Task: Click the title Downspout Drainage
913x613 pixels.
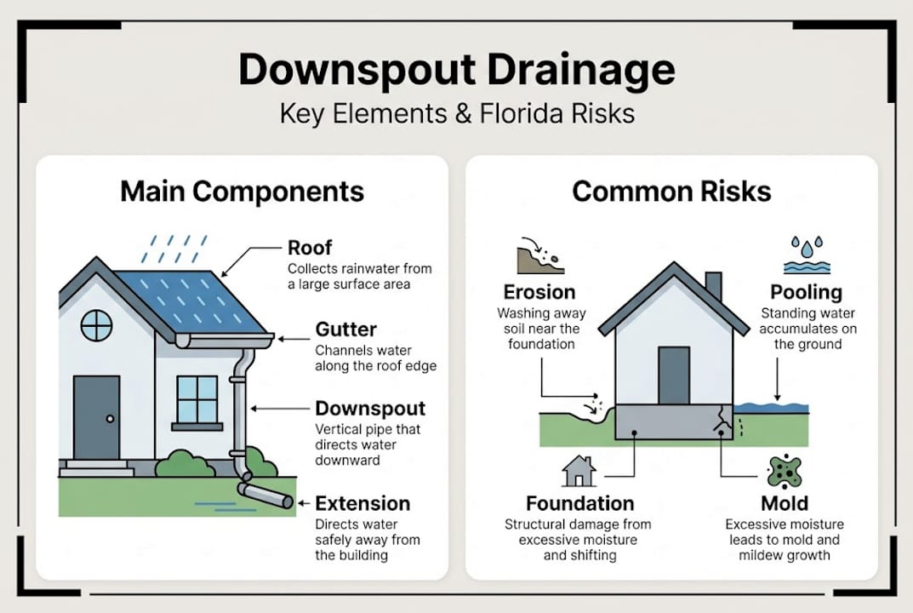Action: (x=456, y=69)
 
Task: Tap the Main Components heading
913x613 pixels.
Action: (x=242, y=191)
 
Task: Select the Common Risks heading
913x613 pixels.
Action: (x=671, y=191)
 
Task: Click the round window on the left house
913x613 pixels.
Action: (x=96, y=324)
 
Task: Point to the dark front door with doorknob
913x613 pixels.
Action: (x=96, y=417)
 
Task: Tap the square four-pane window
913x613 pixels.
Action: (x=197, y=398)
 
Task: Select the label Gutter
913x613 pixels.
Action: (x=345, y=329)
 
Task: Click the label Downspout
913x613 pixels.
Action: (x=370, y=408)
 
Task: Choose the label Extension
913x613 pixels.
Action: (x=362, y=502)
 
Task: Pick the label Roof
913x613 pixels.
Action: (x=310, y=248)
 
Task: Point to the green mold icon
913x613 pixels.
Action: (x=784, y=471)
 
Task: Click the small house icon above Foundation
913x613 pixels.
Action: (x=579, y=471)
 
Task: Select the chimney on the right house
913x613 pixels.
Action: (x=713, y=287)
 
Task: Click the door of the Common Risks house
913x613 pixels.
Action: (x=673, y=375)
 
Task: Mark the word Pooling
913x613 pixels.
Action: (x=806, y=292)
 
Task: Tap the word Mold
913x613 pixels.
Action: (x=785, y=502)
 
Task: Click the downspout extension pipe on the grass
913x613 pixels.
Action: (x=265, y=495)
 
